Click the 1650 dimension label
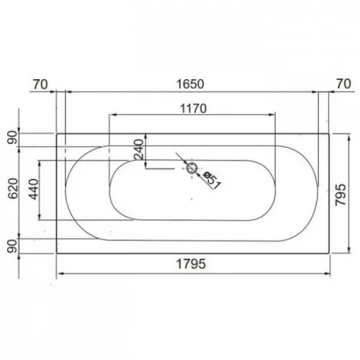point(190,84)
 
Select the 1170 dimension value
point(194,109)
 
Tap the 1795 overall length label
point(191,264)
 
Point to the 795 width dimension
point(341,195)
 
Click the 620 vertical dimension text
point(13,189)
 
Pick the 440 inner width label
point(34,189)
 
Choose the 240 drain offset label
point(139,150)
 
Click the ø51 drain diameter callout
point(212,180)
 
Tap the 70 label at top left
point(40,84)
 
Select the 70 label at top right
point(343,84)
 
